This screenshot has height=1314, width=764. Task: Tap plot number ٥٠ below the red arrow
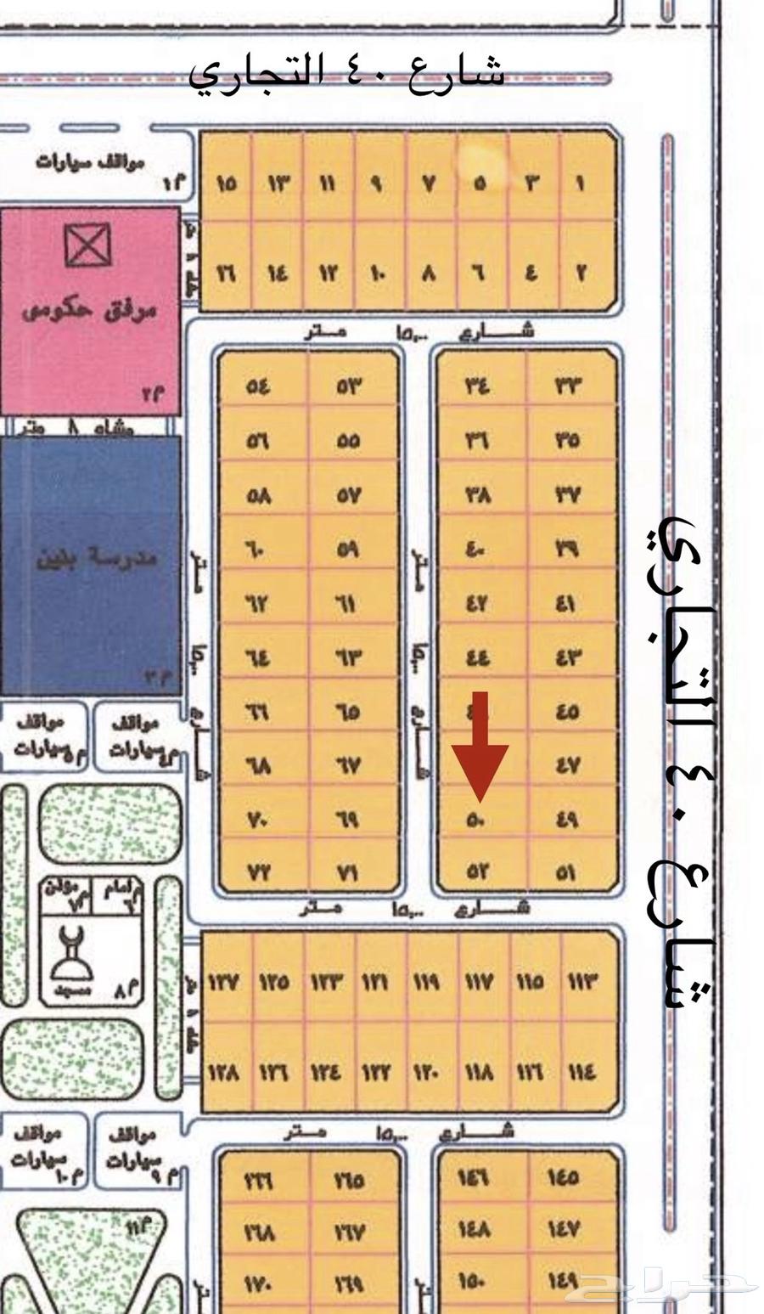(475, 820)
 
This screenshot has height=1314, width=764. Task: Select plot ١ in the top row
(581, 183)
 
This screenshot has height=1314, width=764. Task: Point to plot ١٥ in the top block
(226, 183)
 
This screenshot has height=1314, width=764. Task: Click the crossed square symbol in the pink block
(88, 245)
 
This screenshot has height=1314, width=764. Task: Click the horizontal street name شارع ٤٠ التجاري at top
(346, 71)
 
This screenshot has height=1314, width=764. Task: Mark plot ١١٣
(581, 982)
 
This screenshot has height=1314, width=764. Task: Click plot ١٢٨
(224, 1073)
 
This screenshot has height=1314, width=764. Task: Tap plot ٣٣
(568, 386)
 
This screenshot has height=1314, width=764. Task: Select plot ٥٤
(258, 386)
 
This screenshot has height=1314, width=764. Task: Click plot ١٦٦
(256, 1180)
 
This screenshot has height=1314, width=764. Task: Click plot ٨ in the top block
(429, 274)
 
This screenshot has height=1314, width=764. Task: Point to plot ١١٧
(478, 982)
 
